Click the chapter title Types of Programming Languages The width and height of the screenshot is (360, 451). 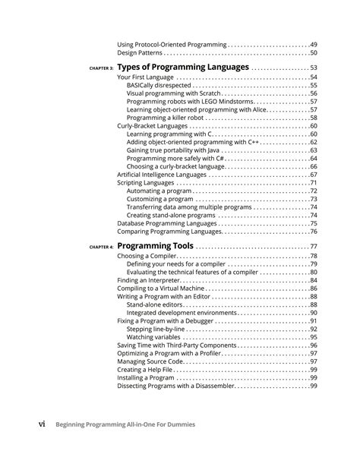(x=183, y=68)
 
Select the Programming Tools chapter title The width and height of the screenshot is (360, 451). (x=156, y=247)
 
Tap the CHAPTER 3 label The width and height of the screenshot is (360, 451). (x=100, y=68)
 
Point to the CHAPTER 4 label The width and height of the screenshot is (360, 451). (x=100, y=248)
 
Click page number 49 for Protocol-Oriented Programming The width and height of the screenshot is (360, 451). (x=313, y=45)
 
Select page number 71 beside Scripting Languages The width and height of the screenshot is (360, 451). (x=313, y=183)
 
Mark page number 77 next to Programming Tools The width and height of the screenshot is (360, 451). (x=312, y=248)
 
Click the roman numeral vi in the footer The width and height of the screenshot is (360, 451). (x=47, y=424)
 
